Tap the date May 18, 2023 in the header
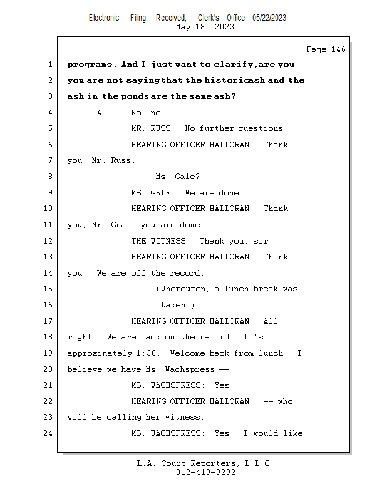coord(205,27)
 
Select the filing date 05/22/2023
coord(269,18)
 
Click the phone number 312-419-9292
coord(205,472)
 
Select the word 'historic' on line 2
coord(227,80)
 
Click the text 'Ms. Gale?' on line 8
coord(178,177)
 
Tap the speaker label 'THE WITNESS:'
coord(160,241)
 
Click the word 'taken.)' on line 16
coord(178,305)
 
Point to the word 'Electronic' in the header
coord(104,18)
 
